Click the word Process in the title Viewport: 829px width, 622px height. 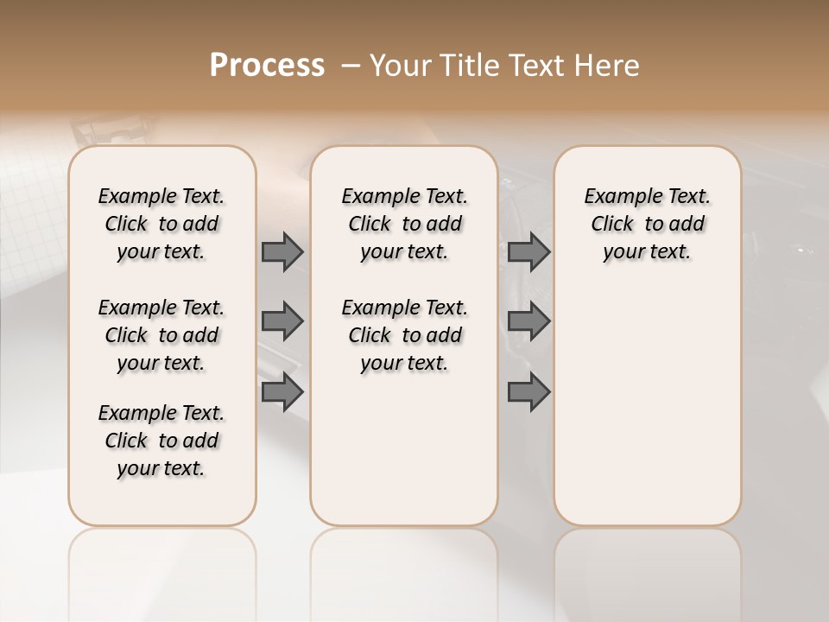(267, 66)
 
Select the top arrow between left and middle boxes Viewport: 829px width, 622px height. (282, 252)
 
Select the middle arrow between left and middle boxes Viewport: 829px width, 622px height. (282, 321)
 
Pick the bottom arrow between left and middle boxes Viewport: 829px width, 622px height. (282, 392)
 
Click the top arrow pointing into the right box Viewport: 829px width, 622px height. (528, 252)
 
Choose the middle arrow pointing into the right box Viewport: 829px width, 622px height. (528, 321)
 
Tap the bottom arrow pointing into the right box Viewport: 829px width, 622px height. (528, 392)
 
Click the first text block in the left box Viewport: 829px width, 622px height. (161, 224)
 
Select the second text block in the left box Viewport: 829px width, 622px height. (161, 335)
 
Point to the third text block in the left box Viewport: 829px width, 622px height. (161, 441)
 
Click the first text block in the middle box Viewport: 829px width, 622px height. (404, 224)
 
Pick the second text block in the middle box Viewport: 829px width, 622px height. (404, 335)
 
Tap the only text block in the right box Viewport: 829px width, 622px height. (647, 224)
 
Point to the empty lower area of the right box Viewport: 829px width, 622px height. (647, 406)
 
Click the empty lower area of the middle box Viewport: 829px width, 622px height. (404, 449)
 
